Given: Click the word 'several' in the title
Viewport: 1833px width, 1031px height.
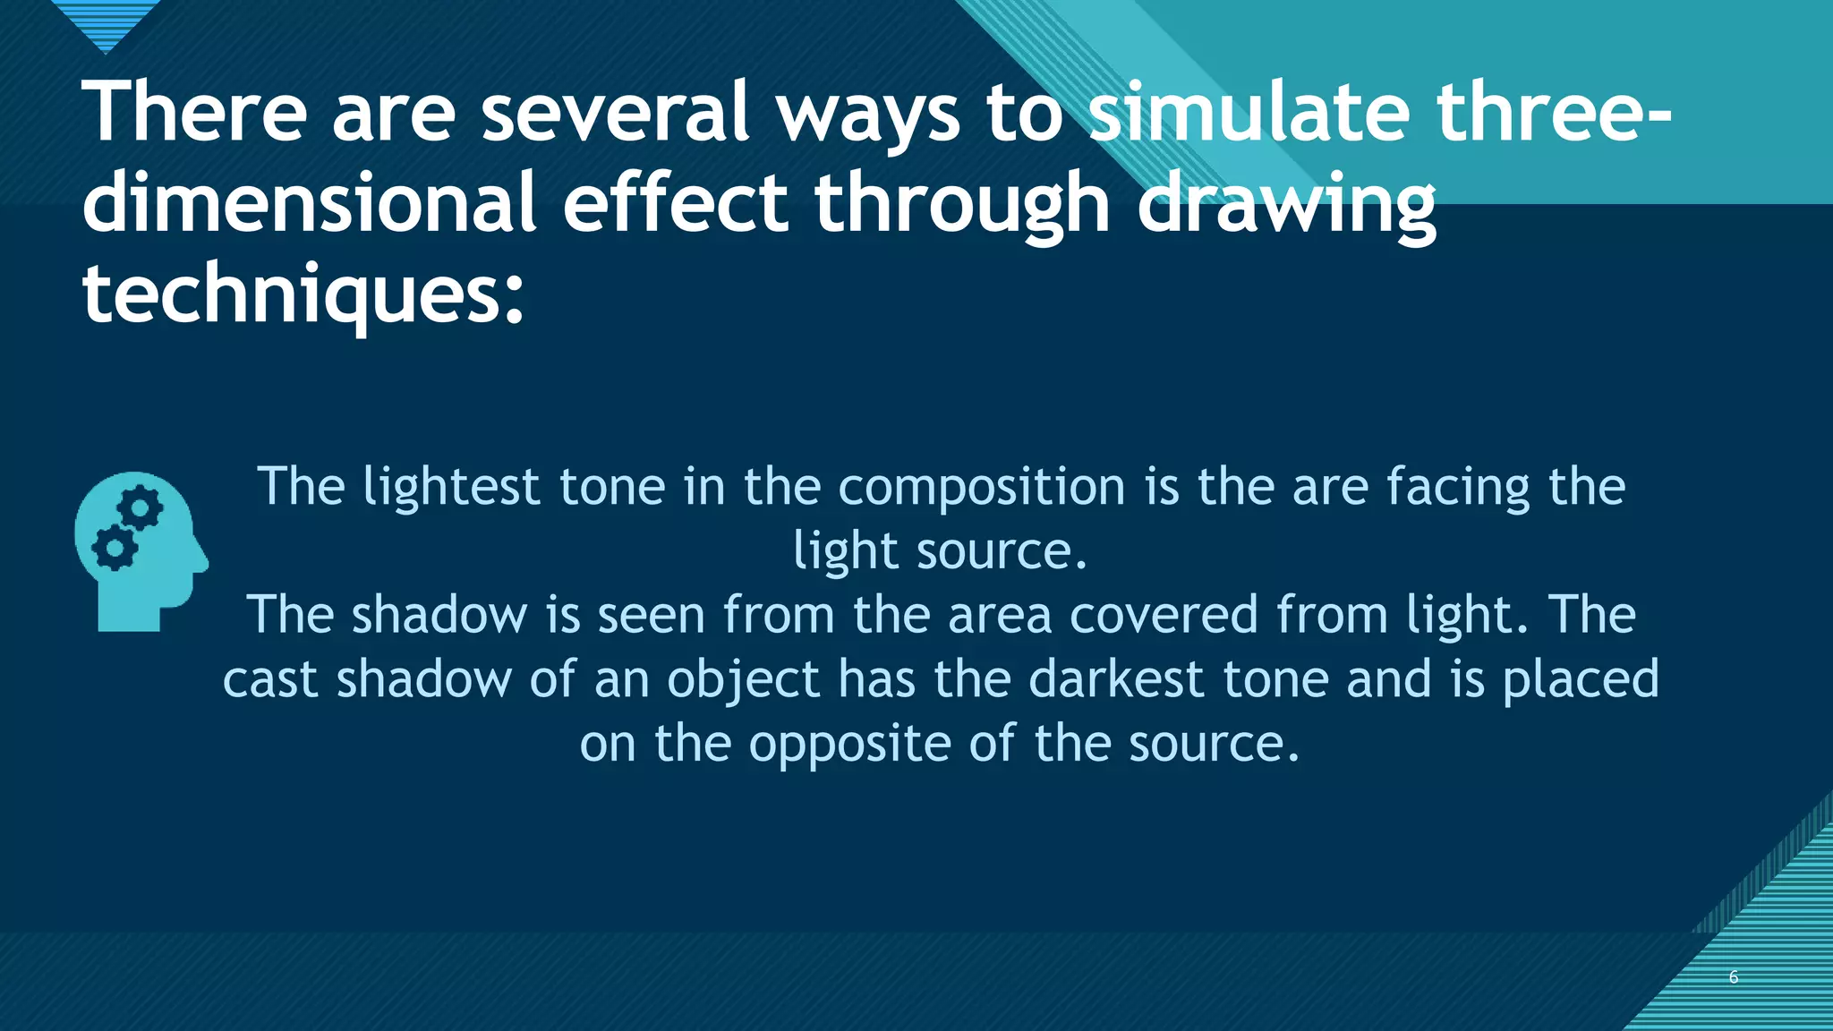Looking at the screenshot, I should pyautogui.click(x=615, y=112).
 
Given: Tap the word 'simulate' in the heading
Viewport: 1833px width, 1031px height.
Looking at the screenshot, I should pyautogui.click(x=1249, y=112).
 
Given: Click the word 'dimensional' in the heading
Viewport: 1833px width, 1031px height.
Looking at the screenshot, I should pyautogui.click(x=309, y=203).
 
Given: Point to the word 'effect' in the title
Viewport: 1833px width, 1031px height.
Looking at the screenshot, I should pyautogui.click(x=675, y=203).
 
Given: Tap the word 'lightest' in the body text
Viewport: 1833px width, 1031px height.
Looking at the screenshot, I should pyautogui.click(x=451, y=488).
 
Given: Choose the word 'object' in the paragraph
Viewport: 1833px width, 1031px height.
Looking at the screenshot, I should pyautogui.click(x=743, y=681).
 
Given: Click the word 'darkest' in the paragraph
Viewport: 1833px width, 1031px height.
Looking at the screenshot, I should pyautogui.click(x=1116, y=679).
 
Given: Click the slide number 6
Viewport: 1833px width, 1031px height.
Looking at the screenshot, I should pyautogui.click(x=1733, y=976).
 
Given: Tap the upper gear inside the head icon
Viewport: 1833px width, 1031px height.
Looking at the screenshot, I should pyautogui.click(x=141, y=509).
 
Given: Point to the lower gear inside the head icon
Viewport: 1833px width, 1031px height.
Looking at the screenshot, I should pyautogui.click(x=115, y=549).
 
